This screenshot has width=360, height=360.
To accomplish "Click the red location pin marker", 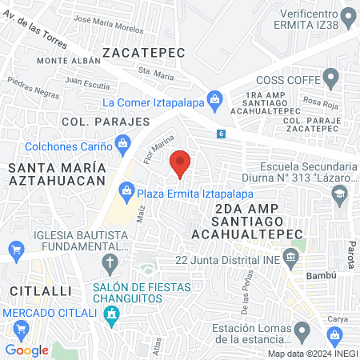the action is point(181,162).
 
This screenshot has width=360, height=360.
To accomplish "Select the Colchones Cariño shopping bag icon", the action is point(122,145).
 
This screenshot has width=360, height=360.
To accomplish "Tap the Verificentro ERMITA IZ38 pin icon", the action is point(348,16).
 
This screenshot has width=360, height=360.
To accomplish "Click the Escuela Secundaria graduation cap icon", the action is point(339,194).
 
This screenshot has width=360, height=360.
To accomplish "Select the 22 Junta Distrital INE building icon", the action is point(290,258).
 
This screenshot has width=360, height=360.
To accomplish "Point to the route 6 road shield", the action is point(220,134).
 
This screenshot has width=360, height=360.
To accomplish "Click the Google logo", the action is point(26,350).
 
